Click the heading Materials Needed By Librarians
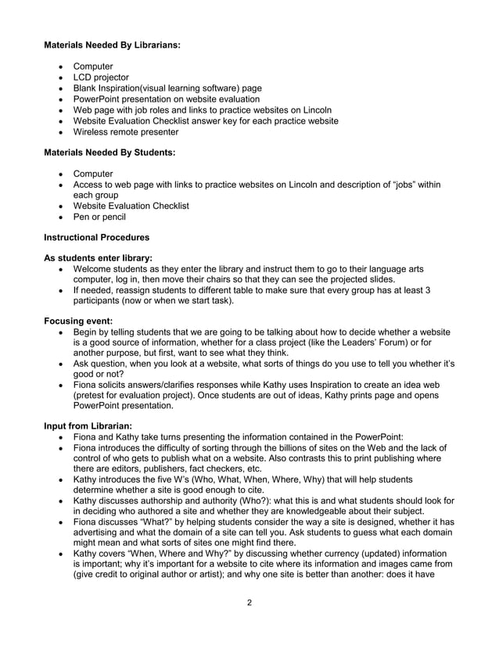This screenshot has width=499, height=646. pyautogui.click(x=113, y=46)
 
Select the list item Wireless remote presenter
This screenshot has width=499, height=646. pyautogui.click(x=125, y=132)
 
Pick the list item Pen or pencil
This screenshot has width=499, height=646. pyautogui.click(x=99, y=217)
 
